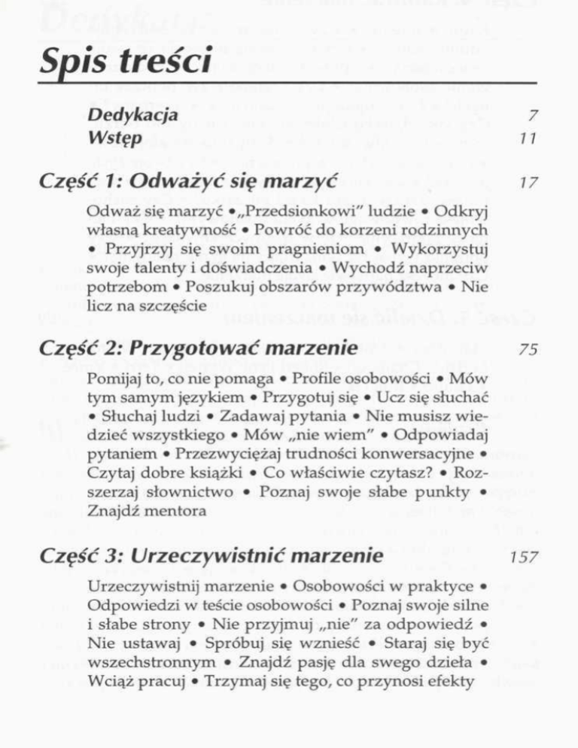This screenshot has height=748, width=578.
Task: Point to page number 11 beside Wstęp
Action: coord(526,138)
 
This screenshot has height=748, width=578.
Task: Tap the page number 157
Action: coord(519,560)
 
